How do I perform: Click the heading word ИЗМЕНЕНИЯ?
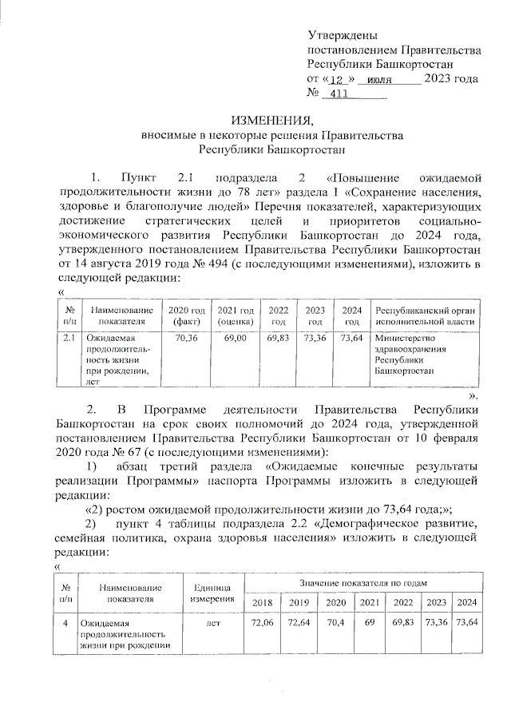[x=267, y=121]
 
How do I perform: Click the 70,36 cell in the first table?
[x=185, y=339]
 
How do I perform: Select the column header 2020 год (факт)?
[x=185, y=315]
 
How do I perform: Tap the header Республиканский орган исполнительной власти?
[x=425, y=315]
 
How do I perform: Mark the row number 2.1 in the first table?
[x=69, y=339]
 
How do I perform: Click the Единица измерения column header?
[x=213, y=593]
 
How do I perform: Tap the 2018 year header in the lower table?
[x=263, y=602]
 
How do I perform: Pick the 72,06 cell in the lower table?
[x=263, y=622]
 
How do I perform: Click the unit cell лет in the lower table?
[x=213, y=622]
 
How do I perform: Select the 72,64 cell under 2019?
[x=299, y=622]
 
